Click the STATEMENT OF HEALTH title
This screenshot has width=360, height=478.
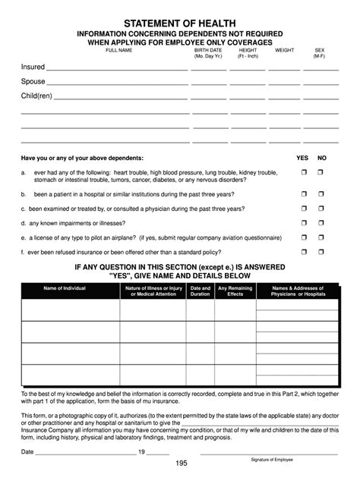click(x=181, y=24)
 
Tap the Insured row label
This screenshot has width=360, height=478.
click(x=33, y=68)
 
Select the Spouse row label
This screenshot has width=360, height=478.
click(x=33, y=82)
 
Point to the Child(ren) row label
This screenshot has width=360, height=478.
click(x=36, y=96)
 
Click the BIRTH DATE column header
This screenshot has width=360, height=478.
click(x=207, y=53)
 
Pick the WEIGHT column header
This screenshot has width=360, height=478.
click(x=285, y=49)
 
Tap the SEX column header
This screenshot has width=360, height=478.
click(x=320, y=53)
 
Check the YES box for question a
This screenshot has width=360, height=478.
click(x=302, y=174)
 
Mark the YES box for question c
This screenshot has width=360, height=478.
click(x=302, y=209)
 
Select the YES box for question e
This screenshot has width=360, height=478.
click(x=302, y=237)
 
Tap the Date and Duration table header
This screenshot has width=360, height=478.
click(x=201, y=292)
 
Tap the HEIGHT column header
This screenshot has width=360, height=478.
click(x=248, y=53)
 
